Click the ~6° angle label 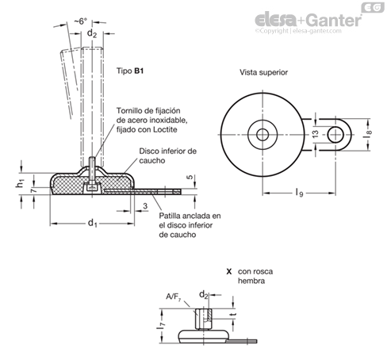pos(80,21)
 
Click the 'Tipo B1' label pos(130,71)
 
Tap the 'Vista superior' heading pos(263,72)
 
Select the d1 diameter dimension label pos(93,224)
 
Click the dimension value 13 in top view pos(316,134)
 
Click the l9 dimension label pos(299,193)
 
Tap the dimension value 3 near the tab pos(145,206)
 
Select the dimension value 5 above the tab pos(190,178)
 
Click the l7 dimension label pos(161,325)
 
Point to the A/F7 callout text pos(174,297)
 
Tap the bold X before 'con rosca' pos(229,271)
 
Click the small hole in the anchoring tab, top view pos(335,135)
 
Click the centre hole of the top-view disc pos(262,135)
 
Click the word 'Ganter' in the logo pos(335,21)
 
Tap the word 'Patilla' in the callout pos(171,216)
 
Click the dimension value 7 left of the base pos(33,190)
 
